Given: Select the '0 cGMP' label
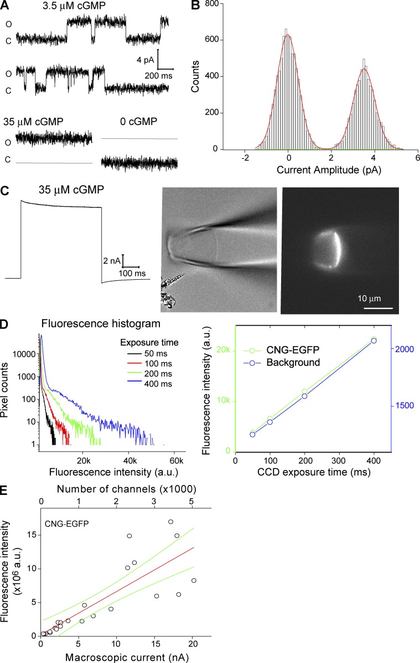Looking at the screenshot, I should click(x=139, y=121).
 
